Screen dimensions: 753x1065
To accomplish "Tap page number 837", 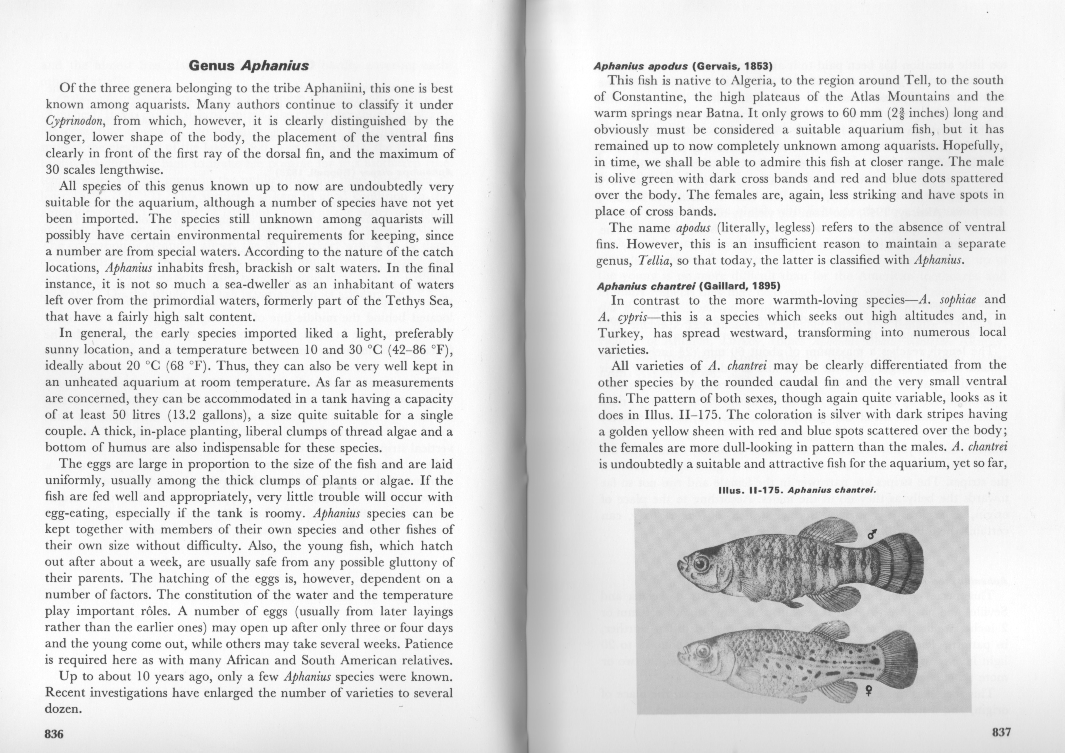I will (1001, 732).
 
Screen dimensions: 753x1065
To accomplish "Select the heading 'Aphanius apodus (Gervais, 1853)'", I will (683, 66).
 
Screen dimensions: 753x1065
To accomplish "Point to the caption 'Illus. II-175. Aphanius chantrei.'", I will (796, 490).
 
